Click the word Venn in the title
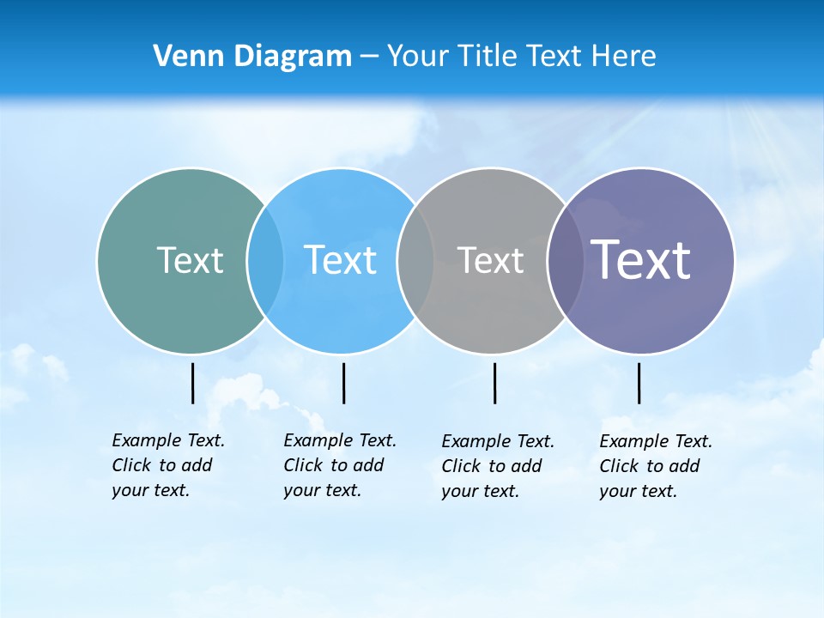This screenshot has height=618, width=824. click(x=183, y=56)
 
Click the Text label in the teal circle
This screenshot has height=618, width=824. click(x=190, y=260)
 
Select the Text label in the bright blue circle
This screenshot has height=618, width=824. click(x=340, y=260)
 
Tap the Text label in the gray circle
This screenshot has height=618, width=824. click(x=490, y=260)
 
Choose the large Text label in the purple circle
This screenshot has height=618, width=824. click(x=640, y=259)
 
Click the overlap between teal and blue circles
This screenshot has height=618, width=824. click(x=265, y=260)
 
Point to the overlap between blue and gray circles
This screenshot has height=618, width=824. click(x=415, y=260)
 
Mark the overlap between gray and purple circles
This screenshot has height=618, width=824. click(x=566, y=260)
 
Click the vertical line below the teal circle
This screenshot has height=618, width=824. click(x=193, y=383)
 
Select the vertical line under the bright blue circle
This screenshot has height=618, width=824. click(x=343, y=383)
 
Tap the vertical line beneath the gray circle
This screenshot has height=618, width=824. click(x=494, y=383)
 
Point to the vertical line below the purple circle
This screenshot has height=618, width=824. click(x=639, y=383)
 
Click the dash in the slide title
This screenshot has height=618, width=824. click(x=369, y=57)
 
